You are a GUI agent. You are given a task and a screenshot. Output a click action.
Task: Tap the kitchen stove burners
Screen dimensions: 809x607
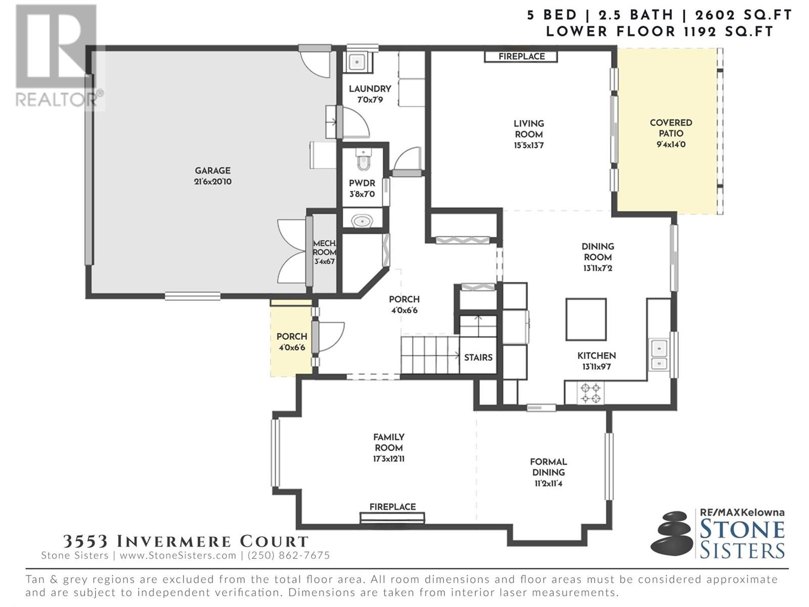point(591,393)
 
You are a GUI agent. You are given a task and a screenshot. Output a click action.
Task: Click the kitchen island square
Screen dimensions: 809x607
point(586,319)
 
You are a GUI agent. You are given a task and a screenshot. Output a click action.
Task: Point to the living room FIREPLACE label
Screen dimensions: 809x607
point(521,56)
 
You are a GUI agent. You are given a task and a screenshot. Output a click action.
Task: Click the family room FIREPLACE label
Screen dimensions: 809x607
point(392,507)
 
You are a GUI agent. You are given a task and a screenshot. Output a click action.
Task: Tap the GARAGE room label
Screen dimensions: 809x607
point(213,170)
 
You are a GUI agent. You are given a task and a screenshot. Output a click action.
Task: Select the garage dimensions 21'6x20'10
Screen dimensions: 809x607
point(213,182)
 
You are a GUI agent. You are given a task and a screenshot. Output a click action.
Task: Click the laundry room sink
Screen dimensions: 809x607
point(357,62)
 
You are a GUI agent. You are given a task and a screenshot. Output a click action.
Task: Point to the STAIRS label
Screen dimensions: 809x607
point(478,358)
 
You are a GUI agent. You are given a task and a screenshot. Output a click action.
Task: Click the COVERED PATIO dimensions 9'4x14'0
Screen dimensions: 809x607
point(671,145)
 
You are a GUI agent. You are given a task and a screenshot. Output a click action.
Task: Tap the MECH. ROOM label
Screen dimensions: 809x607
point(325,248)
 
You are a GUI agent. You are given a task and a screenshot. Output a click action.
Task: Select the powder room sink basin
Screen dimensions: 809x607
point(363,222)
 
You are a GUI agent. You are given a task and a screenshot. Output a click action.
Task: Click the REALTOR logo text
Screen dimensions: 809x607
point(57,100)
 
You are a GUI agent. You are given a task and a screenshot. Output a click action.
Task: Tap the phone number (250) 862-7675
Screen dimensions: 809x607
point(289,555)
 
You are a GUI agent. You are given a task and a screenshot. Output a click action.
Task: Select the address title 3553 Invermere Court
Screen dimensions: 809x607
point(186,541)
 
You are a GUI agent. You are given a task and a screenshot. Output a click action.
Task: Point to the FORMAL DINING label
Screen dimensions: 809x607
point(549,467)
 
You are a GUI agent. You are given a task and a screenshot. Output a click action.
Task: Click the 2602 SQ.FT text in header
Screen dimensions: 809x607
point(743,15)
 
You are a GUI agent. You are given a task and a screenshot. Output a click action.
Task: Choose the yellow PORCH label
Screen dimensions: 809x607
point(292,336)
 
